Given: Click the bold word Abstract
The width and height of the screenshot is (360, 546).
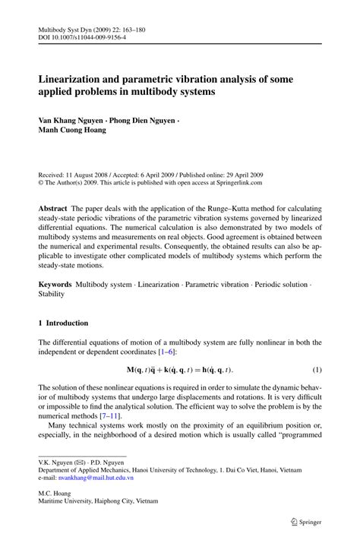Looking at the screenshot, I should tap(55, 208).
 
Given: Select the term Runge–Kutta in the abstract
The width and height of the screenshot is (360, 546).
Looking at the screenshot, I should tap(230, 208).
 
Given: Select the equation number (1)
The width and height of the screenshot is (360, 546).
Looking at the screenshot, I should tap(317, 369).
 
